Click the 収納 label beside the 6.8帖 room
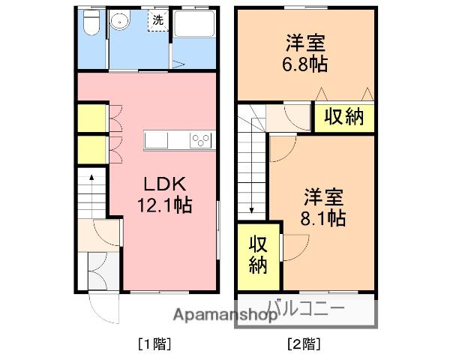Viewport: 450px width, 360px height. (x=344, y=117)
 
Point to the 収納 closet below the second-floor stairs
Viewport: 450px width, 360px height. (x=257, y=255)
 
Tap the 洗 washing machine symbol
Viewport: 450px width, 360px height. (x=157, y=21)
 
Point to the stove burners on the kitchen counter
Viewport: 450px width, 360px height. (x=202, y=139)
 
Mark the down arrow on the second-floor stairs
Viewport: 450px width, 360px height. (x=253, y=208)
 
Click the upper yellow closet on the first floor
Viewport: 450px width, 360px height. (x=91, y=118)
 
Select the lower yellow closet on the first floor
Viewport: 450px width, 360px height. (x=91, y=148)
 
